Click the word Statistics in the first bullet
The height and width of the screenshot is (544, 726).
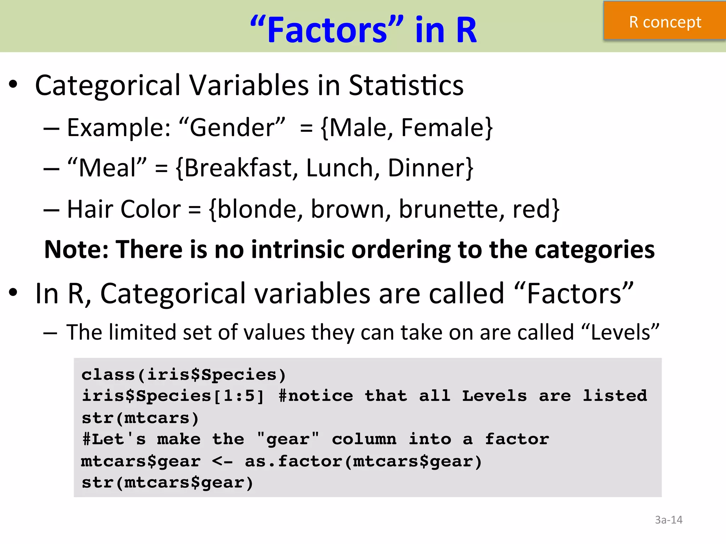pos(406,86)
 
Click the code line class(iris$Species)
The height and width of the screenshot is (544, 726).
pos(184,375)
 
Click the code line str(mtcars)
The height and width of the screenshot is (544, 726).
pos(140,418)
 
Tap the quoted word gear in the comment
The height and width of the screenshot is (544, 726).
pos(288,440)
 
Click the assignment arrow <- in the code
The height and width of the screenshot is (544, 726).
pos(222,461)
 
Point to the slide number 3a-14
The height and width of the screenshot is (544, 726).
pos(668,520)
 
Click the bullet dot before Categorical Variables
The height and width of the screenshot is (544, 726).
pos(13,85)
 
